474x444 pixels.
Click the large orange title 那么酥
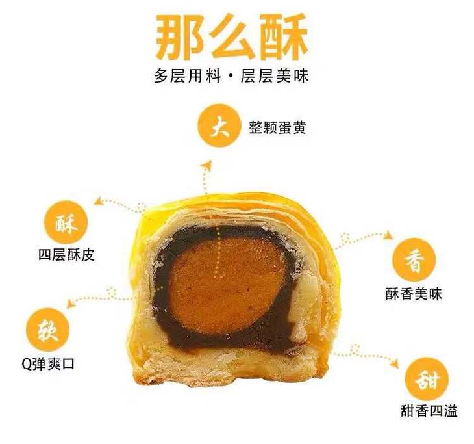(232, 37)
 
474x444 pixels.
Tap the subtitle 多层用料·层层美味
(231, 75)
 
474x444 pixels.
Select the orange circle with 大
(219, 125)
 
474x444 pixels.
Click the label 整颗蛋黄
(277, 127)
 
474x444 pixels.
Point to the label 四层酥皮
(66, 255)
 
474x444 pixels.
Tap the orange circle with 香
(414, 260)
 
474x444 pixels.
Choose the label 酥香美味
(414, 294)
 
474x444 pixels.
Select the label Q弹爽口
(48, 363)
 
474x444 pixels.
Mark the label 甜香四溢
(429, 411)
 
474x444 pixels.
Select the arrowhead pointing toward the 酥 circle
(99, 201)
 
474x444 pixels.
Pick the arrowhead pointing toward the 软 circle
(70, 303)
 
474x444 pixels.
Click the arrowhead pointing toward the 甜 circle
(394, 363)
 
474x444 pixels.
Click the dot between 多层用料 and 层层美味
(231, 76)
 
